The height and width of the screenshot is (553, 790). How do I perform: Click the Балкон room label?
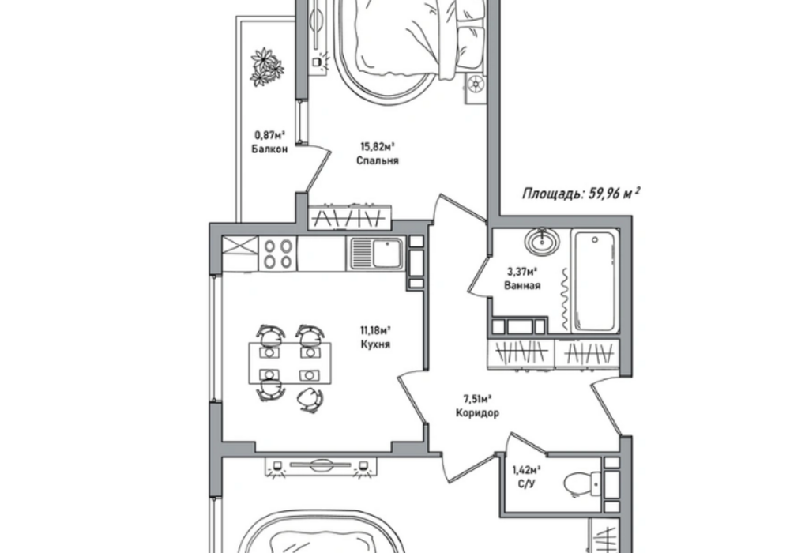tap(269, 149)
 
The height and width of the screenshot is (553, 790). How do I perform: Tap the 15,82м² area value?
tap(377, 147)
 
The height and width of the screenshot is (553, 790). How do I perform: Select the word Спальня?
tap(378, 160)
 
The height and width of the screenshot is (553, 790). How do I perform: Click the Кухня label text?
tap(376, 344)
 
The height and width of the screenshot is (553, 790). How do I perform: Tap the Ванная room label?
tap(522, 285)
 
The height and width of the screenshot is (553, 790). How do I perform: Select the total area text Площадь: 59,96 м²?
tap(581, 194)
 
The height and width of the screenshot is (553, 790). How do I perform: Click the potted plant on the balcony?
tap(267, 67)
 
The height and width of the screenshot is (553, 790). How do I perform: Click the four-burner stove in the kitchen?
tap(279, 254)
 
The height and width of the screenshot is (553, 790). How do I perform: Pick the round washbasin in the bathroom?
tap(542, 241)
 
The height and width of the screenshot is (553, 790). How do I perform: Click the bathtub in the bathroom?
tap(595, 281)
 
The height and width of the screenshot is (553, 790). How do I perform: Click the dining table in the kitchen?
tap(291, 363)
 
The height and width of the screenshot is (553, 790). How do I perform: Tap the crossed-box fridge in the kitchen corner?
tap(240, 254)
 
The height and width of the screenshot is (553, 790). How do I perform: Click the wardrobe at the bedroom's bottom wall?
tap(350, 217)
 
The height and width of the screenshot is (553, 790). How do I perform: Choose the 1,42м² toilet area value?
tap(526, 471)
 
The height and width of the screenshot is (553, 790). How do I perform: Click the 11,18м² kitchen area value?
tap(376, 331)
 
